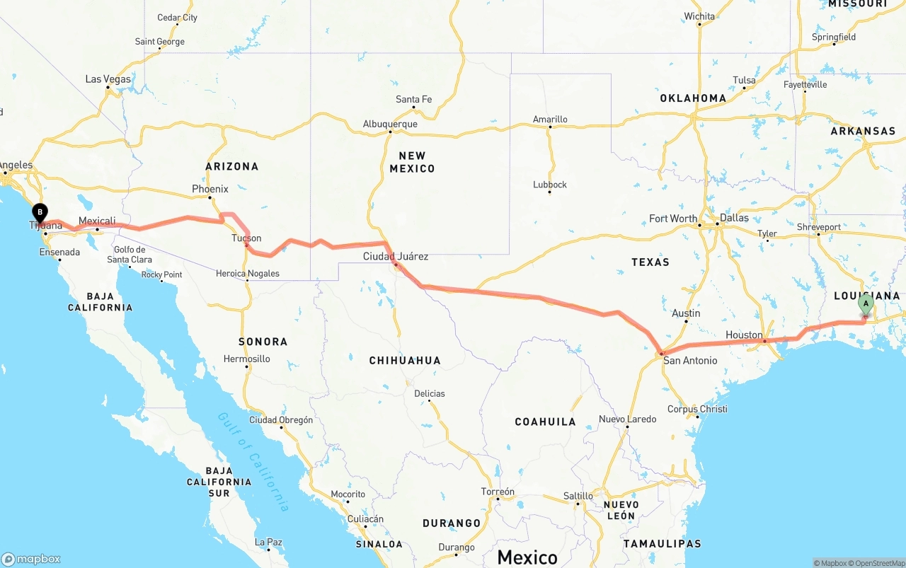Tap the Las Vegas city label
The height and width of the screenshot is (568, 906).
click(x=108, y=79)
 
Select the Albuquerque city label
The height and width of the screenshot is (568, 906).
click(x=390, y=124)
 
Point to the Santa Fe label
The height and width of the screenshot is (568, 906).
click(x=413, y=99)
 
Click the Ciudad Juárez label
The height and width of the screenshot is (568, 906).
click(x=395, y=256)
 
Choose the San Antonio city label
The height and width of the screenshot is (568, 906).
click(x=690, y=361)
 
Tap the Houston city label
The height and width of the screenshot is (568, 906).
click(x=744, y=335)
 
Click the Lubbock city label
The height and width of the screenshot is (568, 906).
click(x=550, y=185)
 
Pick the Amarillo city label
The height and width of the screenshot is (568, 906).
click(x=550, y=119)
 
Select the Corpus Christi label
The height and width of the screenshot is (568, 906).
click(x=697, y=409)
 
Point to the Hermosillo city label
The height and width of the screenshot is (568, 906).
click(x=246, y=359)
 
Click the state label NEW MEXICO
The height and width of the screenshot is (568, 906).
click(x=412, y=162)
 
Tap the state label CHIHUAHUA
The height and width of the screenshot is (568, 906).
click(x=405, y=361)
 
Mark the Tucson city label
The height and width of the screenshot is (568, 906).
click(x=246, y=238)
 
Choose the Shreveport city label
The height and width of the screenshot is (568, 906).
click(x=819, y=227)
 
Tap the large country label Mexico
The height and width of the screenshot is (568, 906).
click(x=527, y=557)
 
